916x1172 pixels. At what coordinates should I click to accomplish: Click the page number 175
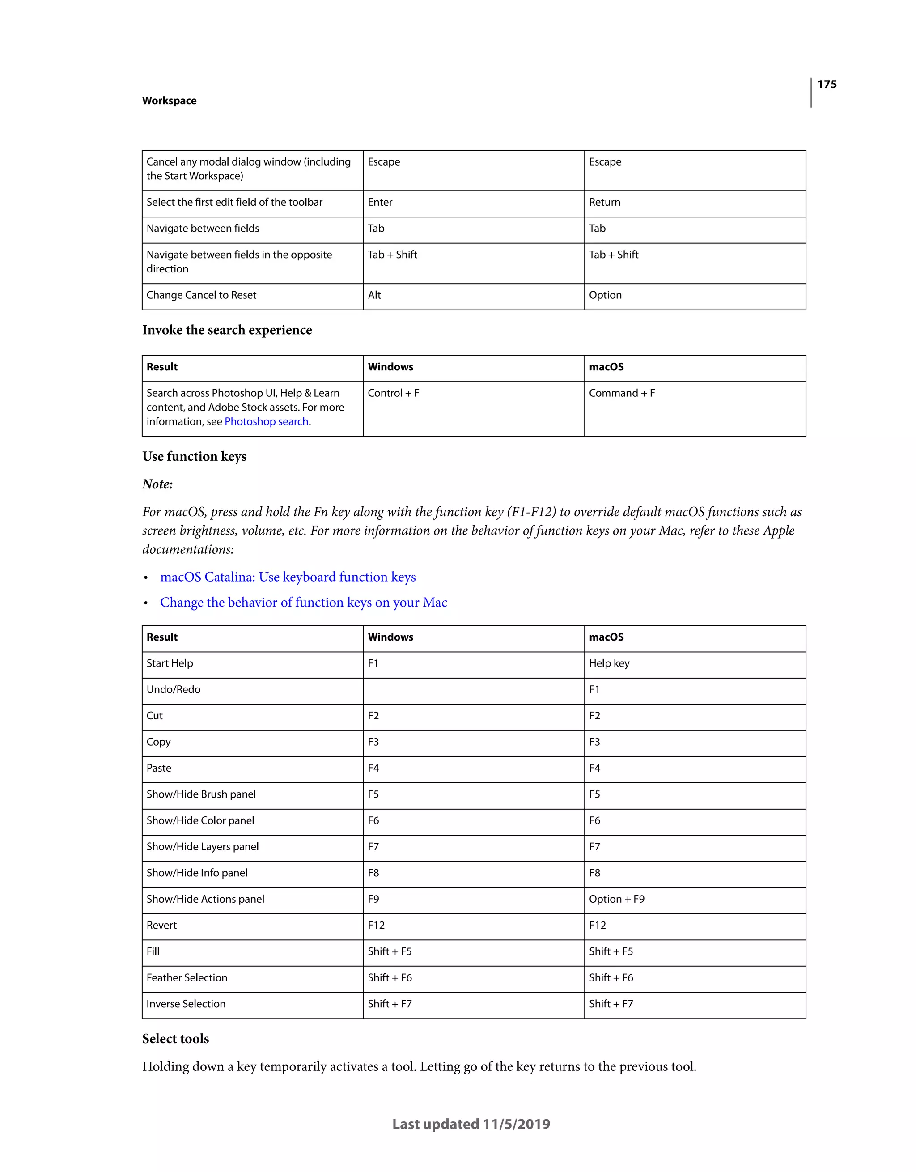[x=827, y=84]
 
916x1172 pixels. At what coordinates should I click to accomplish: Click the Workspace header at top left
[x=169, y=101]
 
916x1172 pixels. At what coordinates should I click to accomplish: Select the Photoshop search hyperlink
[x=266, y=422]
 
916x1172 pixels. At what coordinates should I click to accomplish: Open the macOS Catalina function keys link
[x=288, y=577]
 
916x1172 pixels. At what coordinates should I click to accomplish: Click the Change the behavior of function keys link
[x=303, y=603]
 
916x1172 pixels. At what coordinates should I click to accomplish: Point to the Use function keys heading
[x=194, y=457]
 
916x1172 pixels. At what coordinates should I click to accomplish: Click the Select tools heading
[x=175, y=1039]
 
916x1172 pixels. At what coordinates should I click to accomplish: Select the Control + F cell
[x=393, y=393]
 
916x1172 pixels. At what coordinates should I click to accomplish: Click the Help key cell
[x=609, y=664]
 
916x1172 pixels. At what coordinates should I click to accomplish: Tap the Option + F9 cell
[x=617, y=900]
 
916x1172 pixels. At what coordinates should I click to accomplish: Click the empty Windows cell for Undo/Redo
[x=473, y=691]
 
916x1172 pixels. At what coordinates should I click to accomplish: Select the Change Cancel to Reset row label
[x=201, y=295]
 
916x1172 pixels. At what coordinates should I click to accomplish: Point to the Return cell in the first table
[x=604, y=202]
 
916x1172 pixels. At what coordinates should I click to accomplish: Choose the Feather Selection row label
[x=187, y=978]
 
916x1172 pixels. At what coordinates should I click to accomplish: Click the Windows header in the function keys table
[x=390, y=637]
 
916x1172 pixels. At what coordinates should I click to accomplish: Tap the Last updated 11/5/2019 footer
[x=471, y=1124]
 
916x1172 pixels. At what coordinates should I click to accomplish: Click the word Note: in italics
[x=157, y=484]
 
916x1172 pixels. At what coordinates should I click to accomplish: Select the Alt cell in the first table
[x=374, y=295]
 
